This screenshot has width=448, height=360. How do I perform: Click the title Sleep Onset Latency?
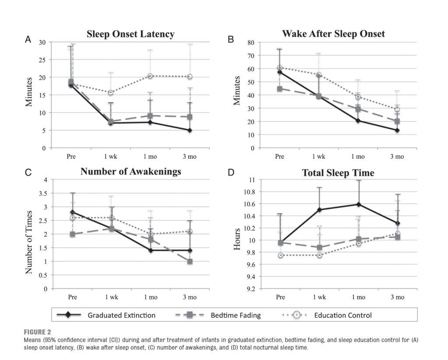(130, 34)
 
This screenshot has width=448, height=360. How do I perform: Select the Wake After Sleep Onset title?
(333, 34)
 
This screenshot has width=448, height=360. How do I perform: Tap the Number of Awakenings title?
(130, 171)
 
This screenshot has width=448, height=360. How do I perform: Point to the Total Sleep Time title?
(338, 173)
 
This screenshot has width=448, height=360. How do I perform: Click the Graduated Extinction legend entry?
(121, 315)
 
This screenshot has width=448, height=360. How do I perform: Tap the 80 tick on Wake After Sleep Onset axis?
(251, 42)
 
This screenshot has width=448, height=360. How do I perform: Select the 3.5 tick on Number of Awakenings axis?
(42, 193)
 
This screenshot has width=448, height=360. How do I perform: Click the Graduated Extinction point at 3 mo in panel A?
(190, 130)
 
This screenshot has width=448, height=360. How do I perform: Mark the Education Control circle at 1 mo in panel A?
(150, 76)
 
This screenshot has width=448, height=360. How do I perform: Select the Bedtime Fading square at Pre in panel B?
(280, 89)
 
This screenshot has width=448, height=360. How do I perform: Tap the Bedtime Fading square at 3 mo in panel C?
(190, 262)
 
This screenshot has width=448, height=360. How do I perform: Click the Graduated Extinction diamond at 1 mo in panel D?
(358, 204)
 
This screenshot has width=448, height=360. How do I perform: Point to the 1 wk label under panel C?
(112, 297)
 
